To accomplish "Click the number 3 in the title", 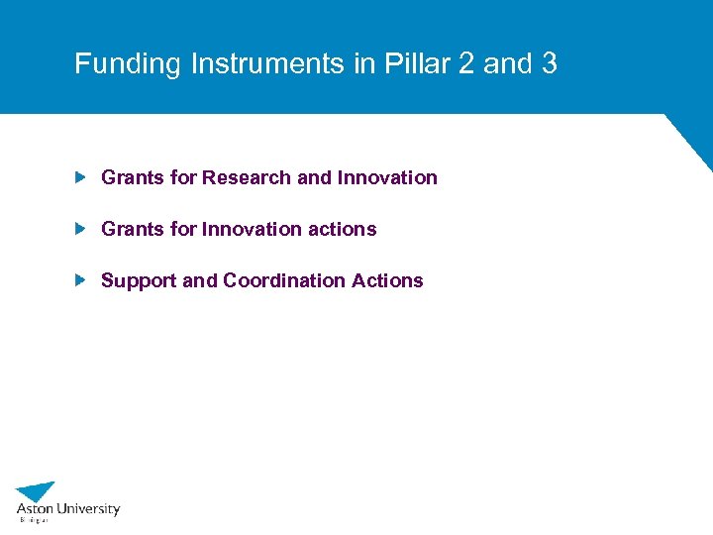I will tap(550, 64).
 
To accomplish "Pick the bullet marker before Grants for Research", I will tap(81, 177).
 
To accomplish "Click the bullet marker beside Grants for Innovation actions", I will tap(81, 229).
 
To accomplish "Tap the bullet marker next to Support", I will tap(81, 280).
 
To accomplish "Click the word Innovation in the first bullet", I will tap(387, 177).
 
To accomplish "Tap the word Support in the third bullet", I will tap(139, 280).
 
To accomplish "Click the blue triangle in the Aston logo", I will tap(38, 490).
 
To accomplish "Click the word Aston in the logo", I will tap(34, 509).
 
